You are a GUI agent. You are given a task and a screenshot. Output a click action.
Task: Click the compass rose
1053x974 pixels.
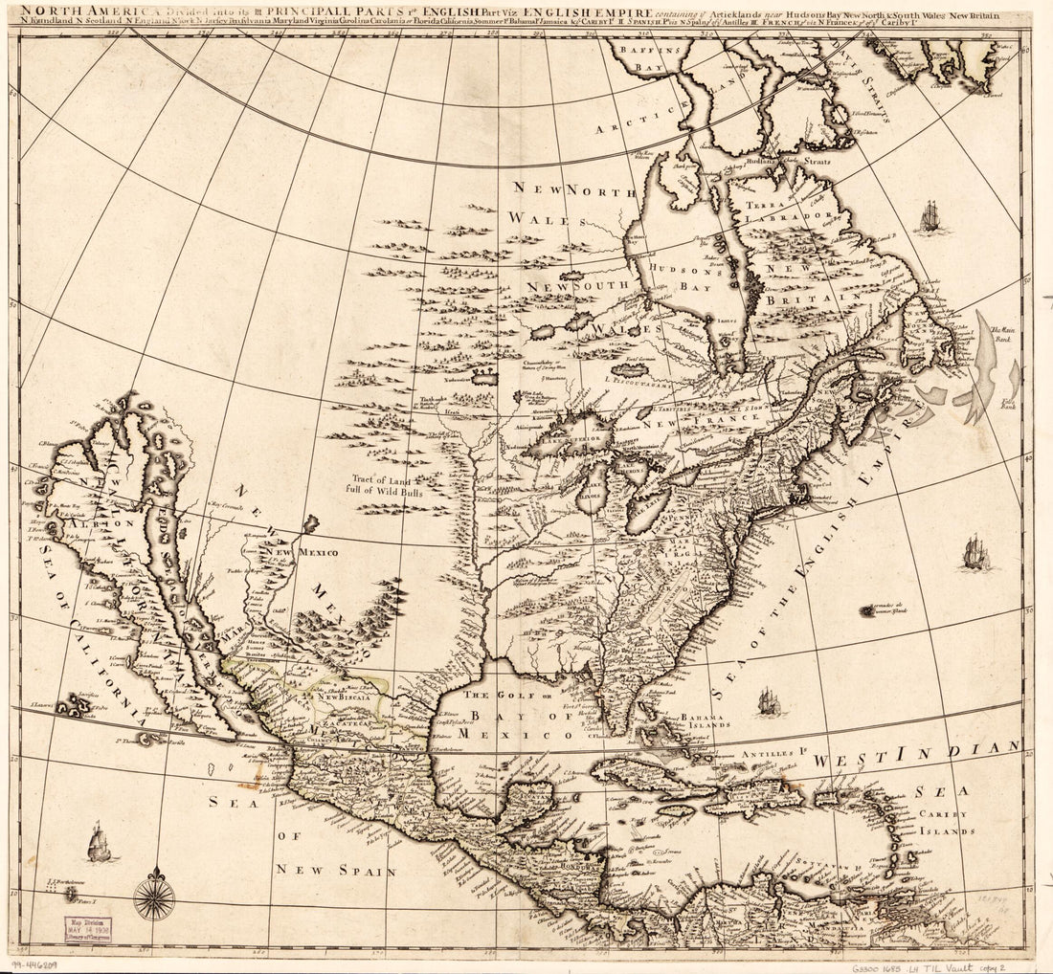pyautogui.click(x=153, y=897)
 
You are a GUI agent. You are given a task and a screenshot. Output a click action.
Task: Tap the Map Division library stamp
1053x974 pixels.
pyautogui.click(x=88, y=929)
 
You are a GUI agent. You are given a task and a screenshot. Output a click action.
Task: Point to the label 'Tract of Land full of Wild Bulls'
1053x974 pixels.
pyautogui.click(x=385, y=484)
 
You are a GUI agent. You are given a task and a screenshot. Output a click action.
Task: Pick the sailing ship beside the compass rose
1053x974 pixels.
pyautogui.click(x=99, y=842)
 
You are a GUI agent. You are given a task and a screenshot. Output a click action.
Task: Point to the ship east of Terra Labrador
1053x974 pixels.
pyautogui.click(x=930, y=217)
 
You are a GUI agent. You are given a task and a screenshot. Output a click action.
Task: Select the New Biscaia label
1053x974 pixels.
pyautogui.click(x=343, y=697)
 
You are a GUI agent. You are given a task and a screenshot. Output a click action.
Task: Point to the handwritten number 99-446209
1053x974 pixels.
pyautogui.click(x=34, y=965)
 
